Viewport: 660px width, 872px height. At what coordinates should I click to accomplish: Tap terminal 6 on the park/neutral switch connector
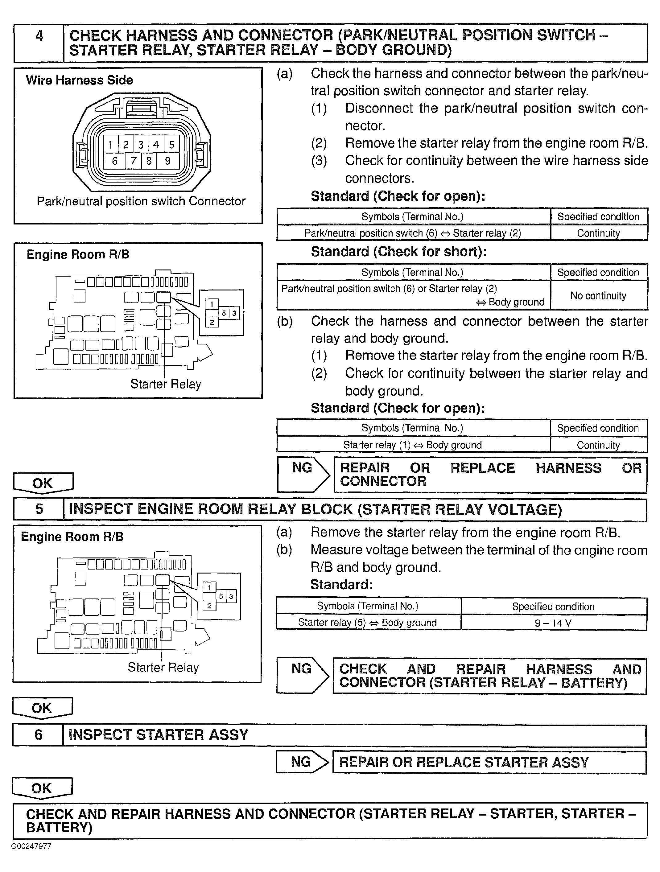115,161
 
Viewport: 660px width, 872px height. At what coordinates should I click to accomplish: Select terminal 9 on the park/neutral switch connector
167,161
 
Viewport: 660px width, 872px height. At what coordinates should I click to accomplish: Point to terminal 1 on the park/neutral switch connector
111,145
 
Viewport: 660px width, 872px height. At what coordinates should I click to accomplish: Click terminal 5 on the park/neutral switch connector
171,145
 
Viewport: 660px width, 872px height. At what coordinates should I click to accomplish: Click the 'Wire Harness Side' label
79,80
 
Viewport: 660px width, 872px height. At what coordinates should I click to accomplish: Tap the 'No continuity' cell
598,296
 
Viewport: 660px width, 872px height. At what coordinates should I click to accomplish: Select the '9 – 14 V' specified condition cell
553,623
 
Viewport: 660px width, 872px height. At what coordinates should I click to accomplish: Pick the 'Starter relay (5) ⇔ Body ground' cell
367,623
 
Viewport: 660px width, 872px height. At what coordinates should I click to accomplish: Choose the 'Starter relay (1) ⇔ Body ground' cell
412,445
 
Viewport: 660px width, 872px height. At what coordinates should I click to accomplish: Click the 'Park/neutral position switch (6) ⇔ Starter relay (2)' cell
412,233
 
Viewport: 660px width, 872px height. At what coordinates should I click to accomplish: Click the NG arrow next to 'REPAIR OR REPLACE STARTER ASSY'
302,762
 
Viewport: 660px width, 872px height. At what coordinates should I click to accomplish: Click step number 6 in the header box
38,735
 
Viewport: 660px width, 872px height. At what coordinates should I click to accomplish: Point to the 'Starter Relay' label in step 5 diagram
163,667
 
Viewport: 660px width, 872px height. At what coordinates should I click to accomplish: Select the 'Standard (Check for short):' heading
398,252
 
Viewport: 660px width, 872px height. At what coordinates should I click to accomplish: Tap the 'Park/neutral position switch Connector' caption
141,201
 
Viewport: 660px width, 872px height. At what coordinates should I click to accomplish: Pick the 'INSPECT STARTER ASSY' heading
159,735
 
